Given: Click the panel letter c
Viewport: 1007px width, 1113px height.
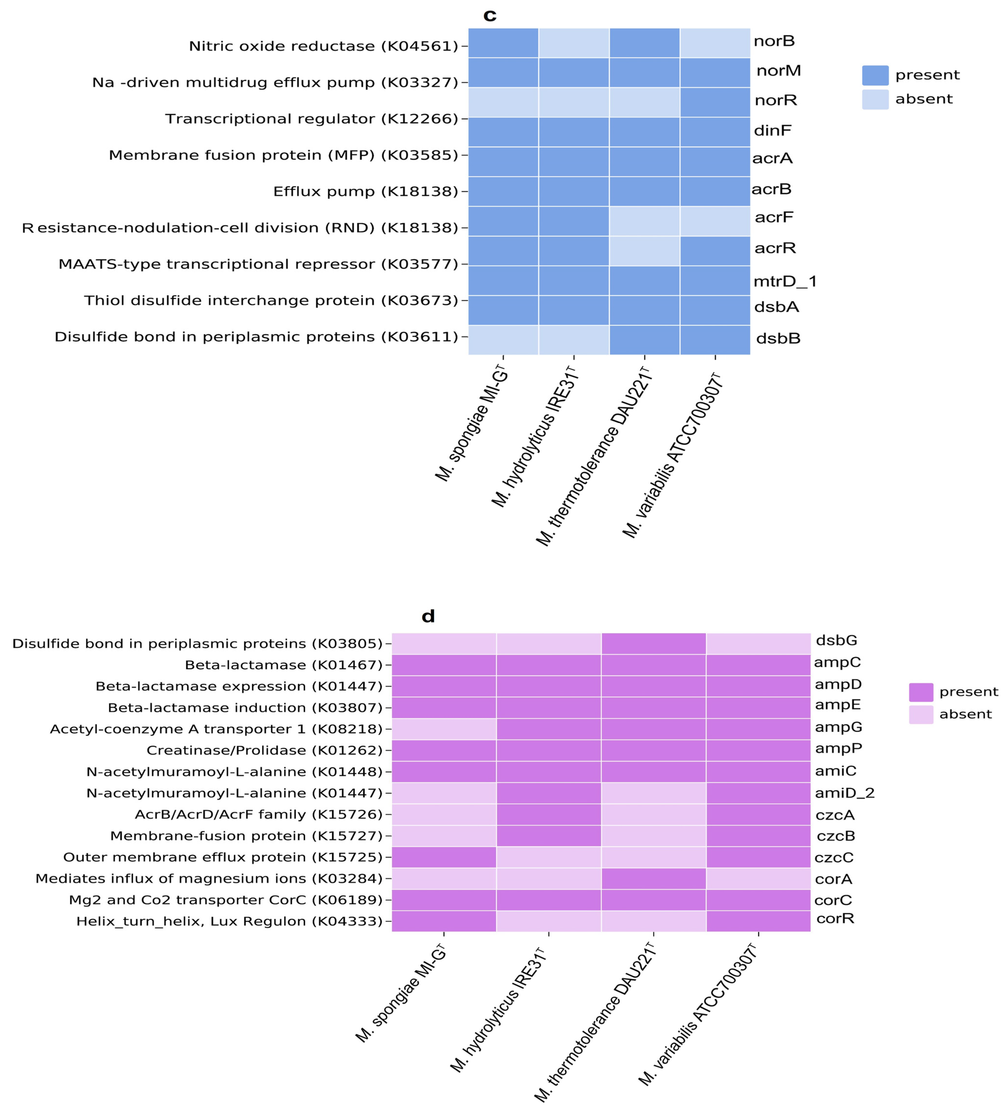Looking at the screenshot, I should (x=489, y=15).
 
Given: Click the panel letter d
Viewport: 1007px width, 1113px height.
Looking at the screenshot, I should (x=428, y=616).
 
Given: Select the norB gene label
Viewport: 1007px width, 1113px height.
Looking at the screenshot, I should (x=774, y=41).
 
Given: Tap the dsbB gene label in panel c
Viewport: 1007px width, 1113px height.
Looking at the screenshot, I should (x=778, y=338).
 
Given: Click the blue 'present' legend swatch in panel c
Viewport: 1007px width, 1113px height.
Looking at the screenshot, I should (x=875, y=75).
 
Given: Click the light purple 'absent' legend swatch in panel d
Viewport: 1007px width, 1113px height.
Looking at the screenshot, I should (x=921, y=714).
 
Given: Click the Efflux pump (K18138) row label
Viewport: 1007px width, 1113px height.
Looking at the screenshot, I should (x=366, y=191).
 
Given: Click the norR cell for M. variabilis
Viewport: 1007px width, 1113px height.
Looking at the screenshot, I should (x=715, y=102).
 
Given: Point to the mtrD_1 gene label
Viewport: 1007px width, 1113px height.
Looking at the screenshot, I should (x=784, y=282).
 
